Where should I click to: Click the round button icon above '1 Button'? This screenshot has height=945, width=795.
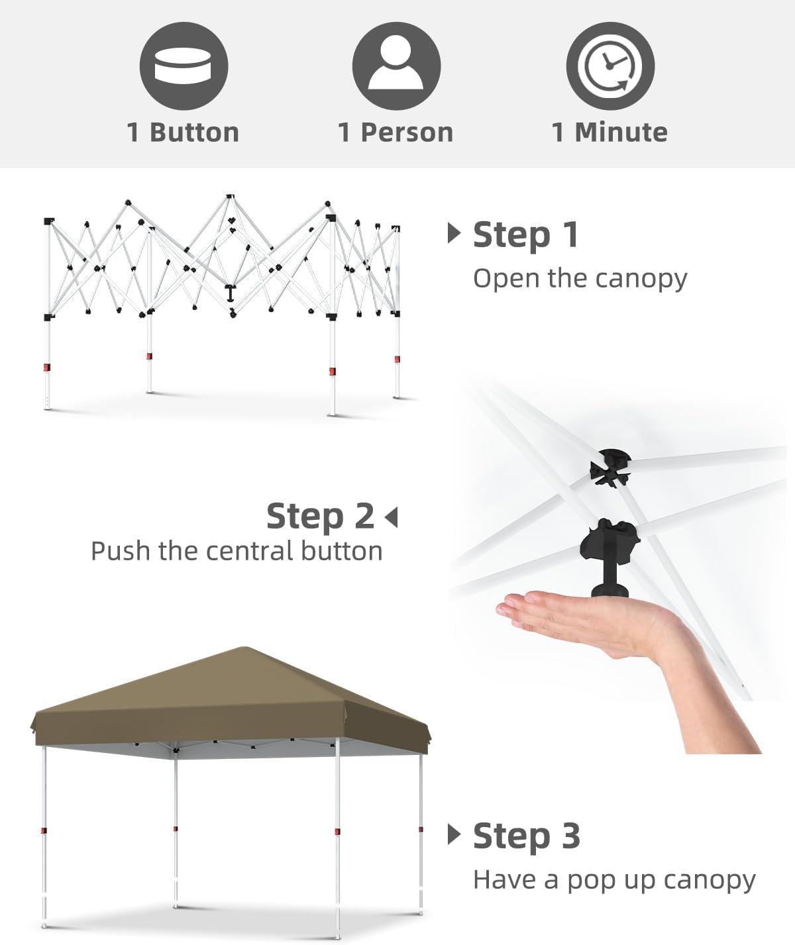coord(184,66)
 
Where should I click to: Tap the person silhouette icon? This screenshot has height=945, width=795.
coord(396,66)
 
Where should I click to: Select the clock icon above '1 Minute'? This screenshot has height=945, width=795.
coord(610,66)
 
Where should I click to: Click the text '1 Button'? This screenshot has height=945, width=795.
coord(183,132)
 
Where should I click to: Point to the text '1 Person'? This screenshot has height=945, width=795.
coord(396,132)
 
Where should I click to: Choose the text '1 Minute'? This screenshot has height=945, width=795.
coord(609,132)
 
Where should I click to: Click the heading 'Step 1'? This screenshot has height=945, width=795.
coord(525,235)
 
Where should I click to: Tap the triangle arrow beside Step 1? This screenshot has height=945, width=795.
coord(454,233)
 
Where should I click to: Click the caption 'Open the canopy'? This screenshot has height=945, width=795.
coord(580,279)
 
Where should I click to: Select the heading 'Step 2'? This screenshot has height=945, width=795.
coord(320,515)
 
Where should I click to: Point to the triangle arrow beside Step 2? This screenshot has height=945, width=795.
coord(391,517)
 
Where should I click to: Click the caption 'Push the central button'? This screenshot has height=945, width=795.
coord(237,551)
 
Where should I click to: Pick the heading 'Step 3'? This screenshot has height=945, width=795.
coord(527,836)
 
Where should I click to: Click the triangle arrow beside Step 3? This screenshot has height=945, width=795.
coord(454,834)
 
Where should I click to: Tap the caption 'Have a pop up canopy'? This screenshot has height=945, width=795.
coord(614,881)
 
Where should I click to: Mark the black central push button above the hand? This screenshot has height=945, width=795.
coord(609,558)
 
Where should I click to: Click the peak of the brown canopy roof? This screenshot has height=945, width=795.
coord(244,648)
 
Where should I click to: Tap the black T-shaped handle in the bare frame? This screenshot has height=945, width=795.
coord(231,293)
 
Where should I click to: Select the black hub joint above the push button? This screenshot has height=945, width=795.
coord(610,468)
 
